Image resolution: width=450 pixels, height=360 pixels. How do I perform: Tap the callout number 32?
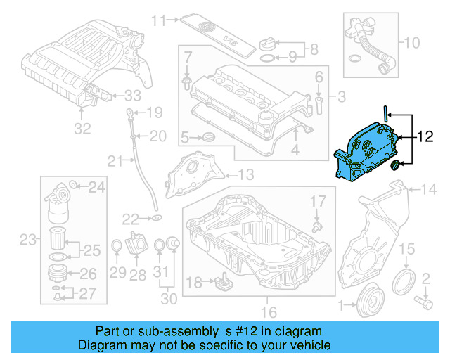82,129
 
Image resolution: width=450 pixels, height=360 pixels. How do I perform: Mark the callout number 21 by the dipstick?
115,162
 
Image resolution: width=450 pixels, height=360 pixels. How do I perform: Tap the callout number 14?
428,188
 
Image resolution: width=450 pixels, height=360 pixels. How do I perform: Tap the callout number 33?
134,96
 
